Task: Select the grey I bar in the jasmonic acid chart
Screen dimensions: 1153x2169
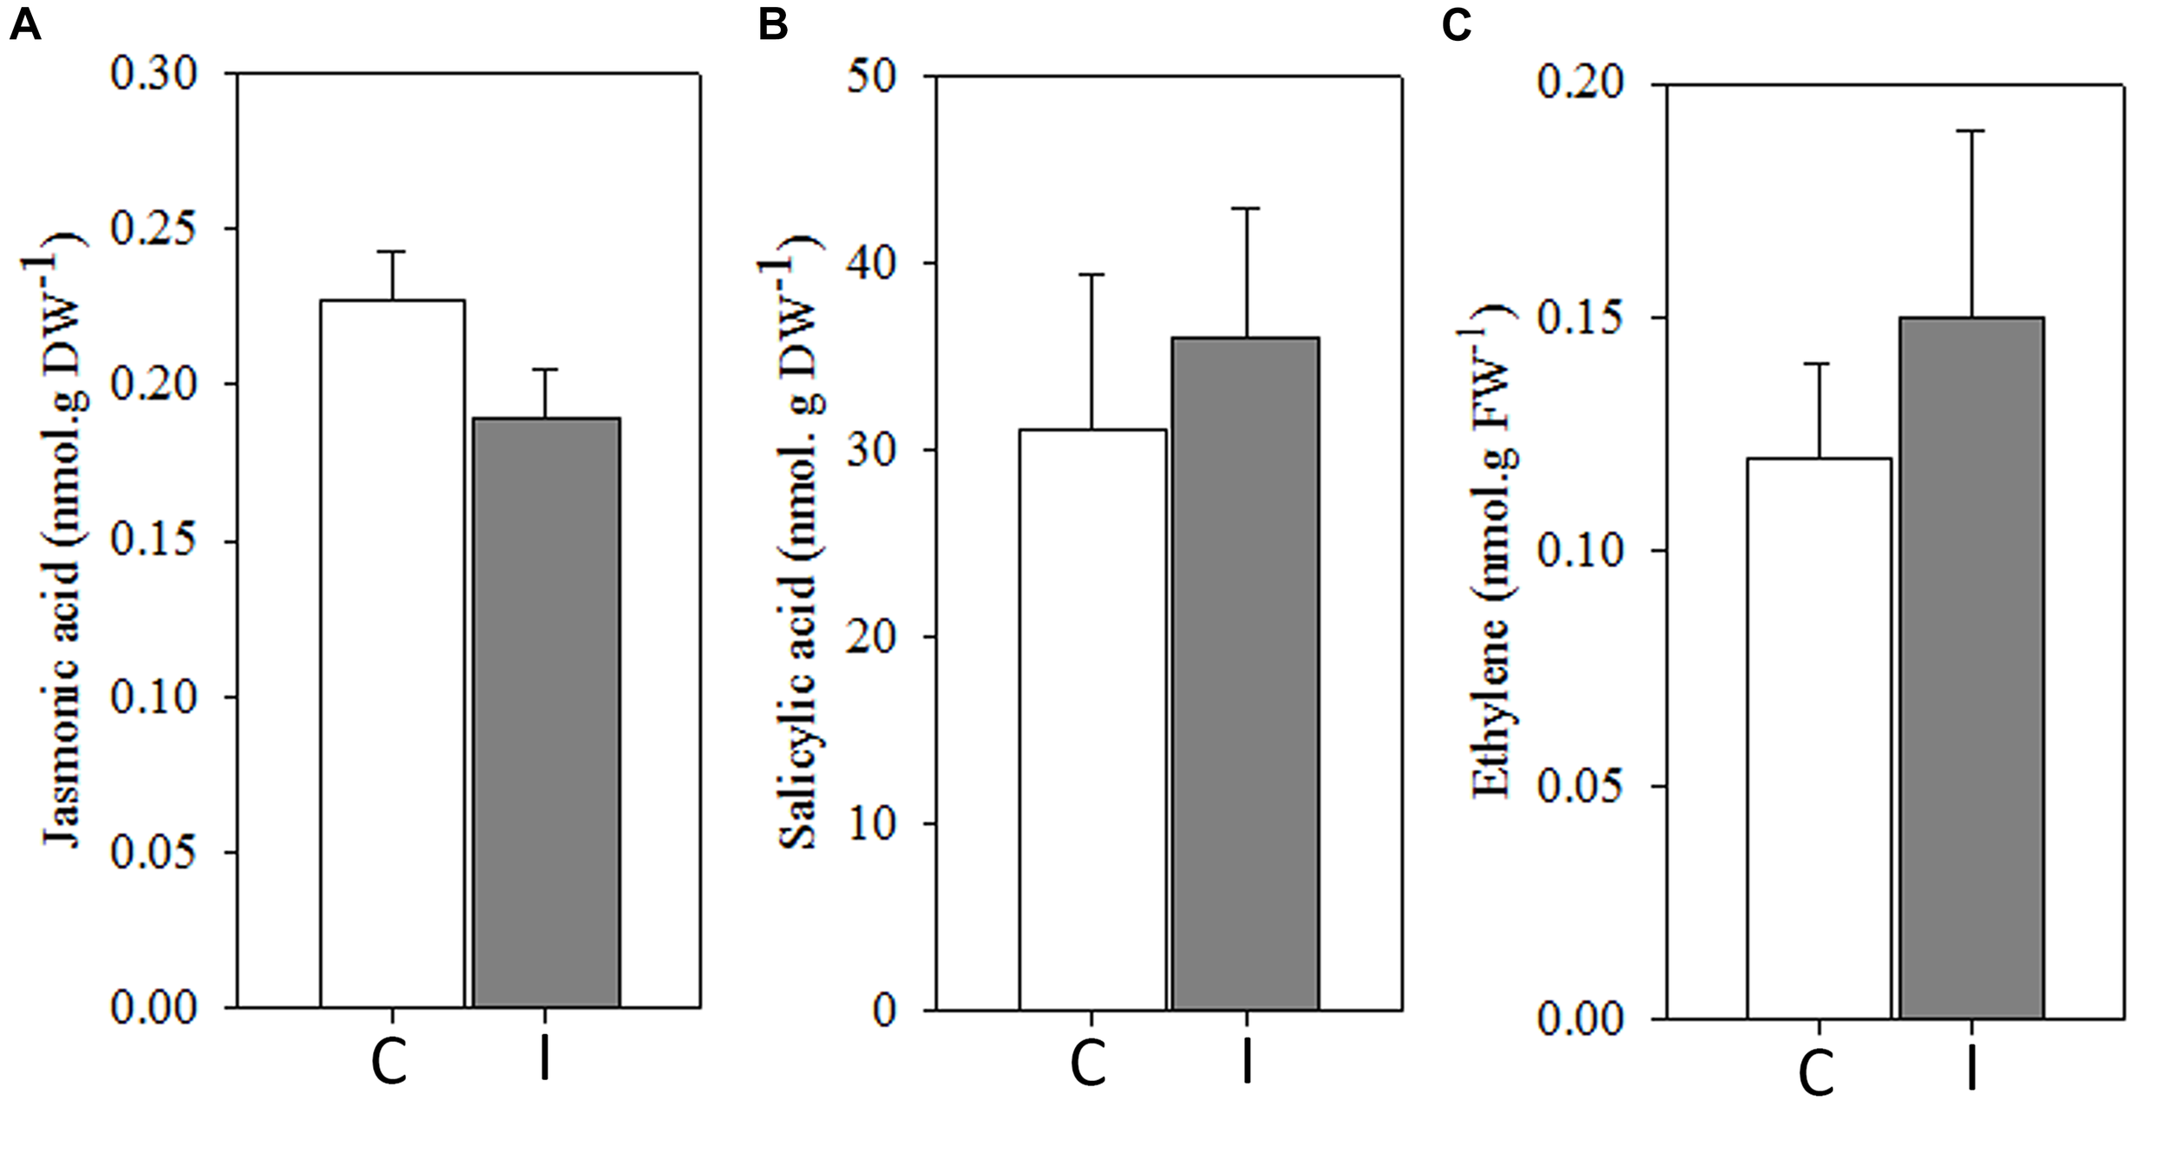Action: coord(546,711)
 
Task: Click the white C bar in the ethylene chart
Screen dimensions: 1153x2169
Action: coord(1818,737)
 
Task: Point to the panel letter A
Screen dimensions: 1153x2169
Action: coord(24,26)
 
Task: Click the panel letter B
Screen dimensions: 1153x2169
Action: coord(772,26)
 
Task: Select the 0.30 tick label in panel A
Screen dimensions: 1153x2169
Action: coord(154,75)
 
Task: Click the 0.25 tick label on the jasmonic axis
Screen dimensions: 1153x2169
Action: coord(154,230)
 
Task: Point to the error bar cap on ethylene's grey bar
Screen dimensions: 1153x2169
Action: coord(1971,131)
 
